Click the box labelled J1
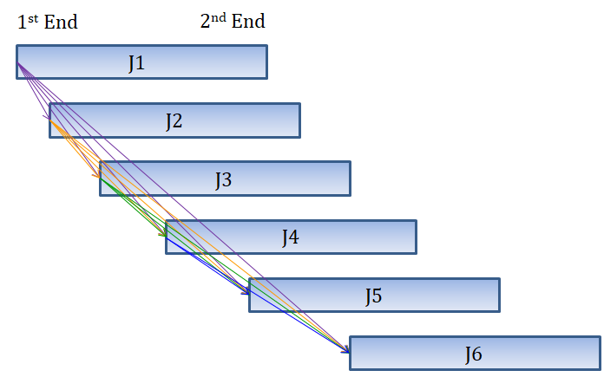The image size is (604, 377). [x=141, y=62]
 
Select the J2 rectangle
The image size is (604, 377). [x=174, y=120]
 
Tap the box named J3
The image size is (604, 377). [x=224, y=179]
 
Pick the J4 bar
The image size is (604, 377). [x=291, y=237]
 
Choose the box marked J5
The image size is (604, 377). [x=374, y=295]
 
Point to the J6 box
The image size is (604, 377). [x=474, y=353]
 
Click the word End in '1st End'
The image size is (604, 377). [x=61, y=22]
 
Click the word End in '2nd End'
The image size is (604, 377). [x=247, y=22]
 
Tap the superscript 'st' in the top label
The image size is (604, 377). [x=32, y=16]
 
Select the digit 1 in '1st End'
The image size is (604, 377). [x=22, y=23]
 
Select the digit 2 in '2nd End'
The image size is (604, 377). [x=206, y=23]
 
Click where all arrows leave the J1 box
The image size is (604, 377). [x=18, y=63]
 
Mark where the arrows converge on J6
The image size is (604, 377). [x=348, y=352]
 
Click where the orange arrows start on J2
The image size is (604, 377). [x=51, y=122]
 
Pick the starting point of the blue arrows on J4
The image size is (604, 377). [x=167, y=240]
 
